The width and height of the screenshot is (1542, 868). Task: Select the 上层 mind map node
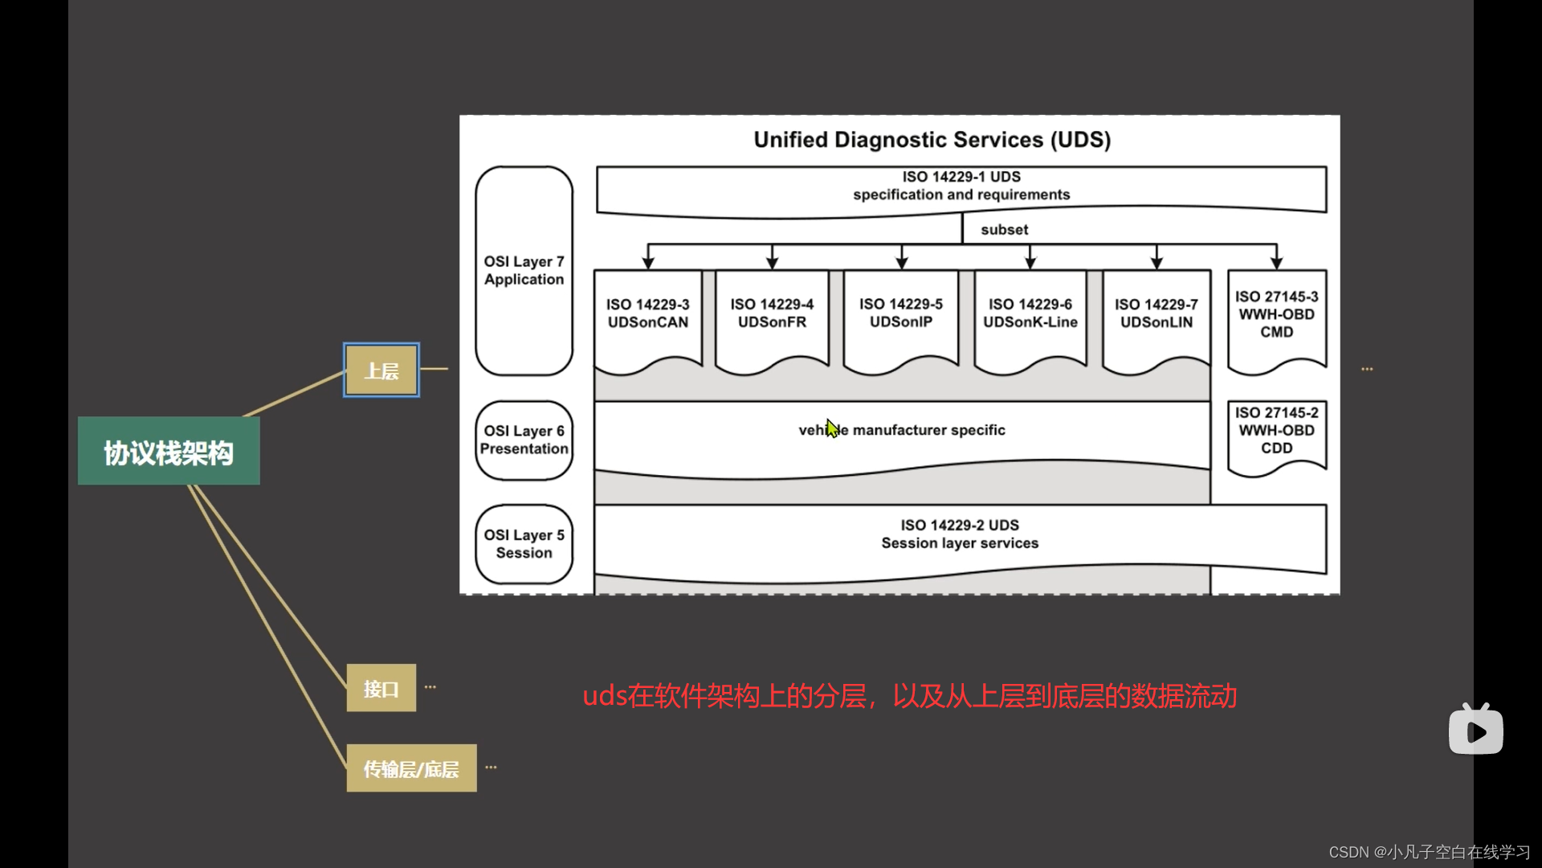coord(381,371)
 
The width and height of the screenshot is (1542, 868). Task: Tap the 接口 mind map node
coord(381,688)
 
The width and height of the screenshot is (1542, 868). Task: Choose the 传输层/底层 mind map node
coord(411,768)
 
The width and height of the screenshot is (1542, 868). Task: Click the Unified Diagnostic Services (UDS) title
coord(932,140)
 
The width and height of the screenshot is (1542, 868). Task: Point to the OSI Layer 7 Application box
coord(524,271)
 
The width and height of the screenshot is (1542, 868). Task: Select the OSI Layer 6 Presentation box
coord(524,440)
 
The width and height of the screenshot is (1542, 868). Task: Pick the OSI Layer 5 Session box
coord(524,544)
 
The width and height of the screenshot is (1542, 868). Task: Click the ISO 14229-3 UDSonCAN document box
coord(647,313)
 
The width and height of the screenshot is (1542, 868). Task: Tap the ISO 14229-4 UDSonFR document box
coord(772,313)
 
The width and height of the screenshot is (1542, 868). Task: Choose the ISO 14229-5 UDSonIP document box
coord(901,313)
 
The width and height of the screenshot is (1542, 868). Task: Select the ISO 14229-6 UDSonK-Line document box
coord(1030,313)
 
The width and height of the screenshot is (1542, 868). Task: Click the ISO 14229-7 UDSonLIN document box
coord(1156,313)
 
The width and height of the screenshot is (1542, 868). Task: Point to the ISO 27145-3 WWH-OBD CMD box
coord(1276,314)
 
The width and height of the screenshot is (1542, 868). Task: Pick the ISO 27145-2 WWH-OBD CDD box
coord(1276,431)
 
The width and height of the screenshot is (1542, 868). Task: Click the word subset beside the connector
coord(1004,230)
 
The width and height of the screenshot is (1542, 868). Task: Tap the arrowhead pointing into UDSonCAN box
coord(648,262)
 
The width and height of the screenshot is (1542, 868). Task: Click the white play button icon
coord(1476,731)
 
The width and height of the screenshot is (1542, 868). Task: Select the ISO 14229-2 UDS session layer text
coord(960,534)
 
